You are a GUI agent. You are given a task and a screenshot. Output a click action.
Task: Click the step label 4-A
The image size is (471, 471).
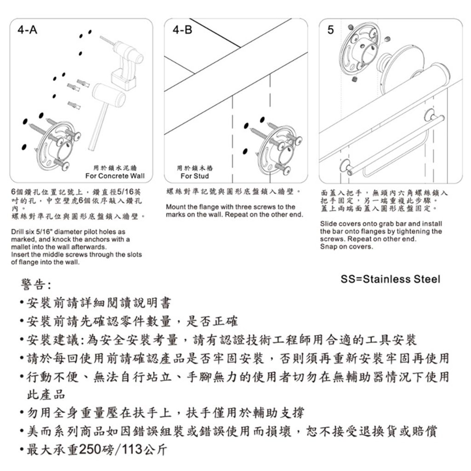coord(27,30)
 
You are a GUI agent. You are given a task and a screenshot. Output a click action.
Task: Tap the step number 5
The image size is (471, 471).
coord(330,30)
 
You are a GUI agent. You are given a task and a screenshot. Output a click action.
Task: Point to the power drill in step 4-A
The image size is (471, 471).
coord(125,60)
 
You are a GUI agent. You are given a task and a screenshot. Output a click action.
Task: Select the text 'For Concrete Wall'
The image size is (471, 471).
coord(115,176)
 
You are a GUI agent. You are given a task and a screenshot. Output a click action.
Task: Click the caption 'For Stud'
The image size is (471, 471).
coord(195,176)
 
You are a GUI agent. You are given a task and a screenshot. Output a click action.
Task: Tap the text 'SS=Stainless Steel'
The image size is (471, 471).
coord(390,279)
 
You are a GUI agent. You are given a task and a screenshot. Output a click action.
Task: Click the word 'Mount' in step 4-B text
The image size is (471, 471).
coord(175,207)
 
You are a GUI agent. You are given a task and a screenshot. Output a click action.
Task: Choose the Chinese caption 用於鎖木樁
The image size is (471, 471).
coord(195,168)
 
